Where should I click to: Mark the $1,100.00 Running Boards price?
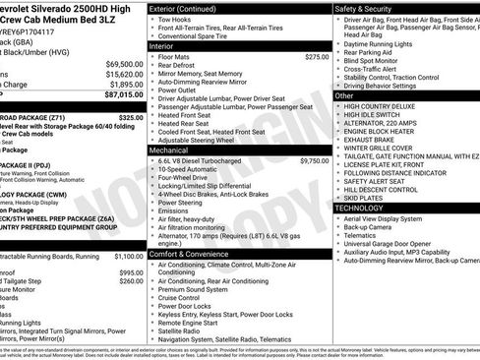(123, 255)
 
